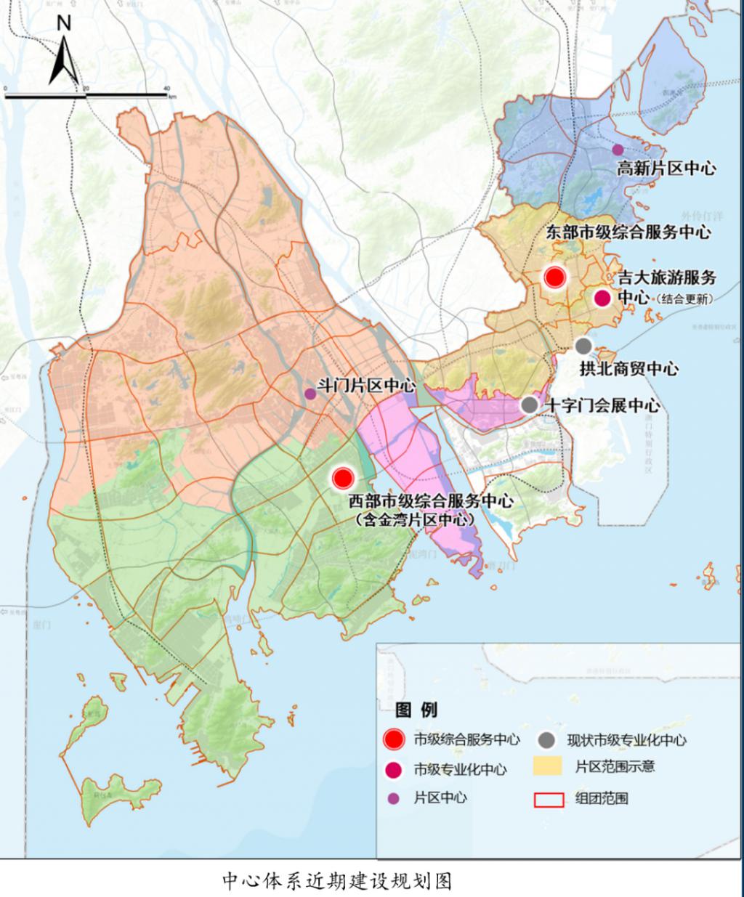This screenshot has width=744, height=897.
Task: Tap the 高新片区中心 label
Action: point(666,169)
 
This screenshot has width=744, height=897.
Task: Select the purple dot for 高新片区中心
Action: point(618,150)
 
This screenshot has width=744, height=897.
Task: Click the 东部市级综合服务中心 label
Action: point(627,232)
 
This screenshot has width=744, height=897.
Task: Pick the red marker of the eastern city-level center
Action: point(555,277)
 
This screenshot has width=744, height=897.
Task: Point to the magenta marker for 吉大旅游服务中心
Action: point(602,298)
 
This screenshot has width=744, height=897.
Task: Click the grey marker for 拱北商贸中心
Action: point(583,346)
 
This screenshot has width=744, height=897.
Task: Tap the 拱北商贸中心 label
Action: point(628,368)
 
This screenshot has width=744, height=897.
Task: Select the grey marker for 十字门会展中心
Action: point(530,405)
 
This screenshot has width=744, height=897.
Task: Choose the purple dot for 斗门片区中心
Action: point(310,394)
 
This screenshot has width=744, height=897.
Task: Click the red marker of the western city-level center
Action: point(343,477)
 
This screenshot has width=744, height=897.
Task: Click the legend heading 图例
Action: point(416,709)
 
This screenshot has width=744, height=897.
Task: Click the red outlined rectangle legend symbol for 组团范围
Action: point(549,799)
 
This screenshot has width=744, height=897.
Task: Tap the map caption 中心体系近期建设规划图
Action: point(337,881)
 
